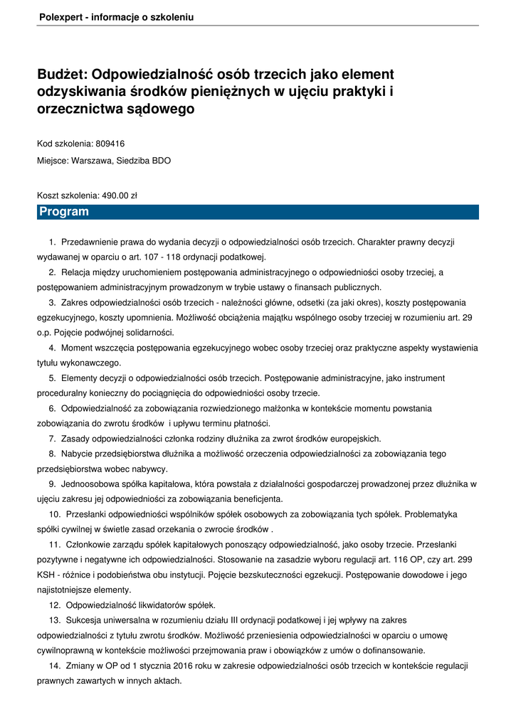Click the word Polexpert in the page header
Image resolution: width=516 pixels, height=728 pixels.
pyautogui.click(x=59, y=17)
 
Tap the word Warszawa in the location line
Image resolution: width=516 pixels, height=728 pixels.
pyautogui.click(x=90, y=161)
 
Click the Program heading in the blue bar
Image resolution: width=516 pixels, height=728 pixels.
pyautogui.click(x=64, y=212)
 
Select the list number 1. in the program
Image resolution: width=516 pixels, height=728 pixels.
pyautogui.click(x=53, y=242)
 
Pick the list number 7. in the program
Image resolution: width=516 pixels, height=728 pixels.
pyautogui.click(x=53, y=439)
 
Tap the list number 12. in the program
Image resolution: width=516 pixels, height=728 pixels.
pyautogui.click(x=55, y=605)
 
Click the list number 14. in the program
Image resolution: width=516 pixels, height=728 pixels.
pyautogui.click(x=55, y=665)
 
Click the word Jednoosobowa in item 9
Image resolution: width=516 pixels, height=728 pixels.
pyautogui.click(x=90, y=484)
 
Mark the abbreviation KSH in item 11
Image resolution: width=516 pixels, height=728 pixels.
pyautogui.click(x=46, y=575)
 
